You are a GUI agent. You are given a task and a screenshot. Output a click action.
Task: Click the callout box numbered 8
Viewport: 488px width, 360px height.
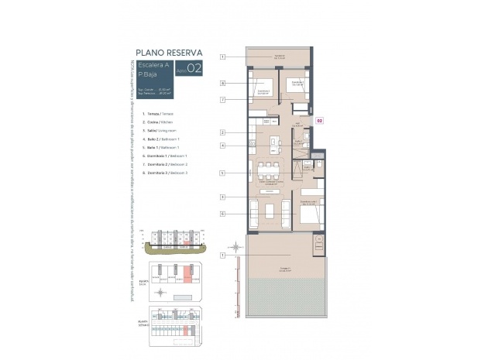[222, 83]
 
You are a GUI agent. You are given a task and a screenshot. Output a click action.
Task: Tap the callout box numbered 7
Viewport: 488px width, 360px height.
[222, 99]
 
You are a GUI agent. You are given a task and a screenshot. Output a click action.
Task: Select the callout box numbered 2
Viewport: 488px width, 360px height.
[222, 132]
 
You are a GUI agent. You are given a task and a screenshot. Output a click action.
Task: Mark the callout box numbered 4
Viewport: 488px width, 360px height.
[222, 146]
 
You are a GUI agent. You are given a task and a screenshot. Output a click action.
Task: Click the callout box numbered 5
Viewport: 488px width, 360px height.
[222, 173]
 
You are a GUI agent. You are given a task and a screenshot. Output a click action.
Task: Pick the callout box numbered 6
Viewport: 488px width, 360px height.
[222, 214]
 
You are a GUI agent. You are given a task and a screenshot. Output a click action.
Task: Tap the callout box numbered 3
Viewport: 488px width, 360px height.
[222, 197]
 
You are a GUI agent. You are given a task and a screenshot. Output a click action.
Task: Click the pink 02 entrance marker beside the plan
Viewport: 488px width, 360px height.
[319, 121]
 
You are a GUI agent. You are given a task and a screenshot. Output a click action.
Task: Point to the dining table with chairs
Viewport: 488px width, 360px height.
[268, 170]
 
